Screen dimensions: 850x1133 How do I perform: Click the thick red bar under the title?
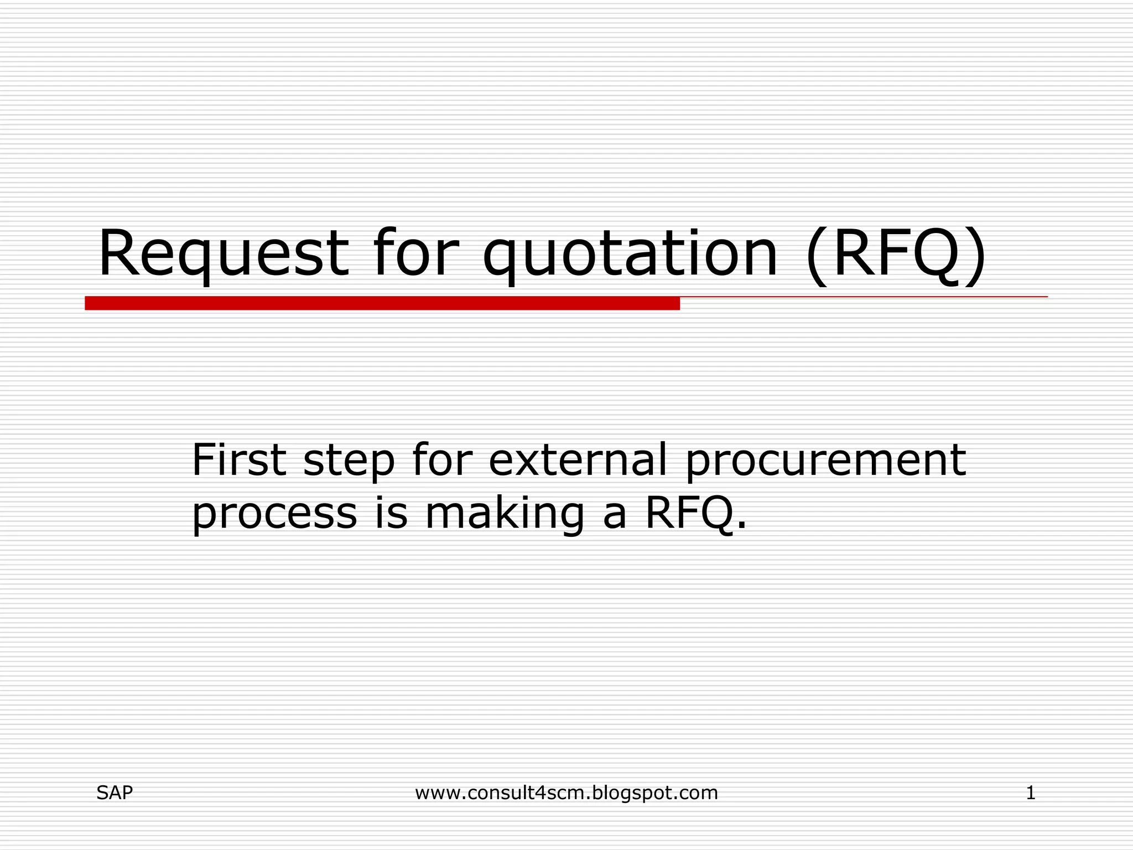[382, 303]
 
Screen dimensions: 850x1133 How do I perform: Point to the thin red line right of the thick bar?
[863, 297]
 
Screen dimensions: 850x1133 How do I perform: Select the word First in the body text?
[239, 460]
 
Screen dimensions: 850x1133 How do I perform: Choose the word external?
[578, 460]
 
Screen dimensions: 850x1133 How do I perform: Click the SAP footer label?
[115, 793]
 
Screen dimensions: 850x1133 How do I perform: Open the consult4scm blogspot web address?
[566, 793]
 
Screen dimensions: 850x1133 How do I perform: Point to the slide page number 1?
[1031, 793]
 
